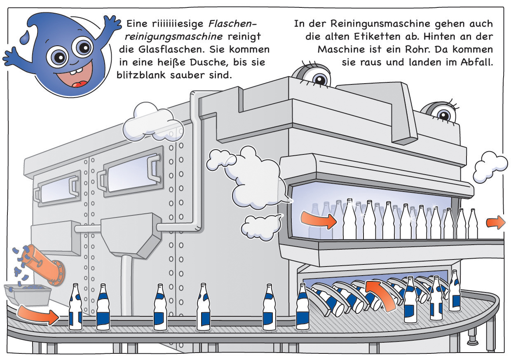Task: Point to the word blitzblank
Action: (141, 75)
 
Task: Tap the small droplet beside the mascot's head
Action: (25, 37)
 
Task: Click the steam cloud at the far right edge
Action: (490, 169)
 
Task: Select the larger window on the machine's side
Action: (134, 172)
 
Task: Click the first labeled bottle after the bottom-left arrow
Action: (76, 306)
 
